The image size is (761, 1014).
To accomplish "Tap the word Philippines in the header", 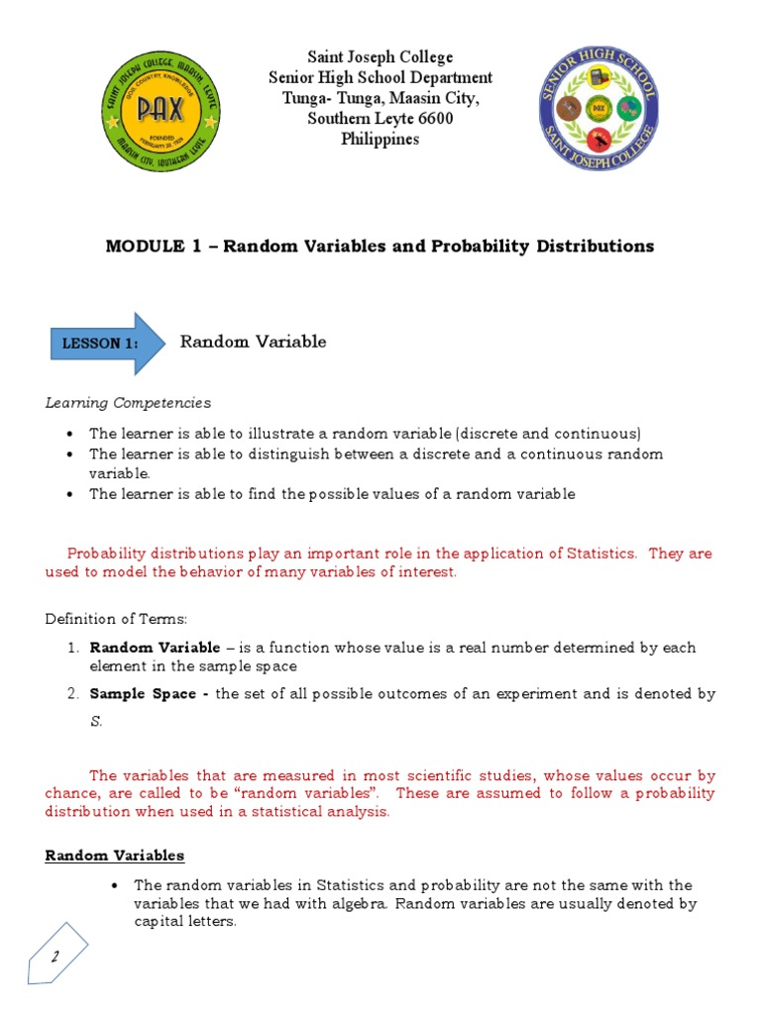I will [380, 140].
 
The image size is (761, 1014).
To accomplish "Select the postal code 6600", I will [433, 119].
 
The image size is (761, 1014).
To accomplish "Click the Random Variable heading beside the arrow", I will [253, 342].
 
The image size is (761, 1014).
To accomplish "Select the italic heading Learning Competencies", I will [128, 403].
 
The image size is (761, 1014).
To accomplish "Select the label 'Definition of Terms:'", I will [115, 619].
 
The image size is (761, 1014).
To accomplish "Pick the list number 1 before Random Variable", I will [73, 648].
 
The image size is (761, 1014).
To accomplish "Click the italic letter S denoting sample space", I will [95, 722].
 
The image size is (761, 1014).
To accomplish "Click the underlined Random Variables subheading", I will [114, 855].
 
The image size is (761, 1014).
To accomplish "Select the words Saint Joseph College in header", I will [380, 57].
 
